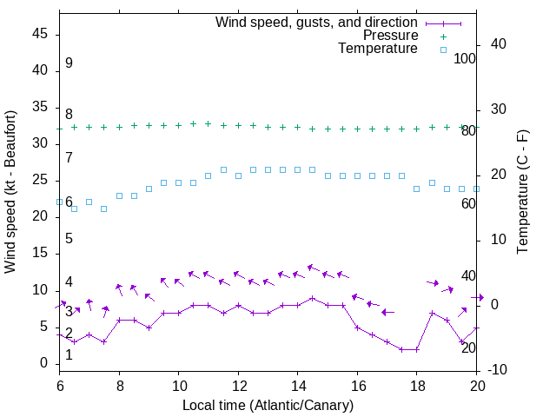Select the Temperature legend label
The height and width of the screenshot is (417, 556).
(x=378, y=49)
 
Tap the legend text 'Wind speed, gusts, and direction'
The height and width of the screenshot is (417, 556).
(x=317, y=22)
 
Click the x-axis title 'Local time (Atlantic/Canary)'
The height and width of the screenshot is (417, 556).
(x=268, y=405)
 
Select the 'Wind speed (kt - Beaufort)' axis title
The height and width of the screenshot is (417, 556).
(x=11, y=191)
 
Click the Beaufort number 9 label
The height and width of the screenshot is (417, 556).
(x=69, y=63)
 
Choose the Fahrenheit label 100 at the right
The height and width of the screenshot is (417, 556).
(x=465, y=58)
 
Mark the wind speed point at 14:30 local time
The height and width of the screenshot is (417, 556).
(x=313, y=298)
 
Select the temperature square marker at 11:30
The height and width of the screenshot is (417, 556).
(x=223, y=169)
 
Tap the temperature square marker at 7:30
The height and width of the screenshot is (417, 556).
(x=104, y=208)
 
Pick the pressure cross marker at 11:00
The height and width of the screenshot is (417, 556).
(x=208, y=123)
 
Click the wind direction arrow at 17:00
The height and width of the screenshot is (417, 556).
(x=387, y=312)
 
